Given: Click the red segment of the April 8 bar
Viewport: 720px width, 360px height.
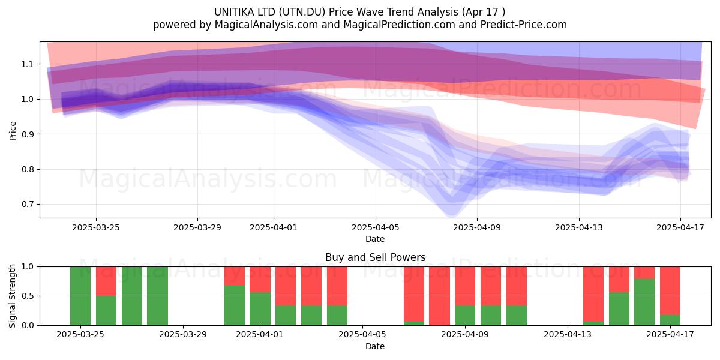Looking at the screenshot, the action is tap(439, 296).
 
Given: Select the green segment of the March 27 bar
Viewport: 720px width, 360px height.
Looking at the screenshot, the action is tap(132, 296).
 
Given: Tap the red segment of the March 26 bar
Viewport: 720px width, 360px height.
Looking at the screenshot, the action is tap(106, 281).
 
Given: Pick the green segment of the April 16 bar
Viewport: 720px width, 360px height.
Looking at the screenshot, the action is tap(644, 302).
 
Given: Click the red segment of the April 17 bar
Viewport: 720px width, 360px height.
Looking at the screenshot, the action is tap(670, 291).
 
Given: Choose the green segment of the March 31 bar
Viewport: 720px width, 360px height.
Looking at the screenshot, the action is tap(235, 305).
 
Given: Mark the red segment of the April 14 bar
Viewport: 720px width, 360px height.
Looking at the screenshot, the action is tap(593, 294).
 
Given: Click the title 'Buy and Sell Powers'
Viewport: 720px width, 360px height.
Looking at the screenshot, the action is tap(375, 257).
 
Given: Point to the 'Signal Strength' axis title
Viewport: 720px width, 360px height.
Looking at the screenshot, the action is tap(12, 296).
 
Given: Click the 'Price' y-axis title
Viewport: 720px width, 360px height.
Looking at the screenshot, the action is tap(13, 131).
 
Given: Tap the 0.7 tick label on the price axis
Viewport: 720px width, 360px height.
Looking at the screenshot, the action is tap(28, 205).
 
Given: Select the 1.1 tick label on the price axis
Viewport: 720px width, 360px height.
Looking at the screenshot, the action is tap(28, 64).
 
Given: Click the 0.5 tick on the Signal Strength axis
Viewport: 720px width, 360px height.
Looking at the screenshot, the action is tap(28, 296).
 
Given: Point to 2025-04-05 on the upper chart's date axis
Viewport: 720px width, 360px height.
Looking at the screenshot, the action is tap(376, 228).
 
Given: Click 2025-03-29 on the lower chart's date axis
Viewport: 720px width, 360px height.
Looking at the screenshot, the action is tap(183, 335).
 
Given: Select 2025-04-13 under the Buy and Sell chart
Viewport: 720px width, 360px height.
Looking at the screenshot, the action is tap(568, 335).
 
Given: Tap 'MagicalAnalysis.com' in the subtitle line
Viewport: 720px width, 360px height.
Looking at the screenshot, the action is tap(266, 25).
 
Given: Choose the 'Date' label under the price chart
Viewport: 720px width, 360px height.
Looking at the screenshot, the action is tap(375, 239).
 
